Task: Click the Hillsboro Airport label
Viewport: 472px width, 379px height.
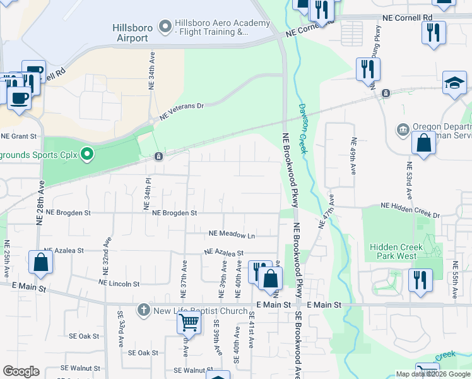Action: pyautogui.click(x=131, y=33)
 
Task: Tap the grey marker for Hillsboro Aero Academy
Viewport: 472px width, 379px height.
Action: pyautogui.click(x=165, y=27)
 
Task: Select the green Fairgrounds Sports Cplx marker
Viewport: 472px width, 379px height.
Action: pyautogui.click(x=88, y=154)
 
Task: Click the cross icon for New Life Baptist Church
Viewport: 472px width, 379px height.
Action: pyautogui.click(x=144, y=310)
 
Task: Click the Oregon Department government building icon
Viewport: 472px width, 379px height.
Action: pyautogui.click(x=403, y=129)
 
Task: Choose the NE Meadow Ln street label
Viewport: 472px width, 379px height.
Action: pyautogui.click(x=232, y=236)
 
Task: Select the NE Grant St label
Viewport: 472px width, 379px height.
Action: pyautogui.click(x=19, y=136)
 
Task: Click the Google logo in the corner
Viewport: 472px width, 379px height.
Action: pyautogui.click(x=21, y=371)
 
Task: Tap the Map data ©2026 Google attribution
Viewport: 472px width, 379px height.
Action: pyautogui.click(x=433, y=374)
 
